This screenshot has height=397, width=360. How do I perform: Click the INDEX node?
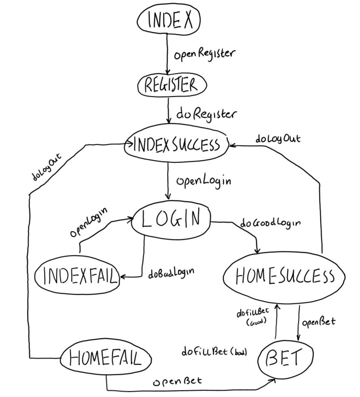169,20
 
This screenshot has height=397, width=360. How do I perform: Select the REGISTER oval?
172,85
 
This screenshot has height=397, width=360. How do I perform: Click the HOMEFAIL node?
105,359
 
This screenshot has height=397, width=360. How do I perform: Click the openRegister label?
204,54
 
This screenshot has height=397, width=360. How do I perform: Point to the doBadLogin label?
174,273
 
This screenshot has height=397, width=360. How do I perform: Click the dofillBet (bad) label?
214,352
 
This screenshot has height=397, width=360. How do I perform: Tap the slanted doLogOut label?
47,167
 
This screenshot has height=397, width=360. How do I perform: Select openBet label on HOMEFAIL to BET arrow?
177,381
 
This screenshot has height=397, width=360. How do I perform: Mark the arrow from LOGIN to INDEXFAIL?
143,259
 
